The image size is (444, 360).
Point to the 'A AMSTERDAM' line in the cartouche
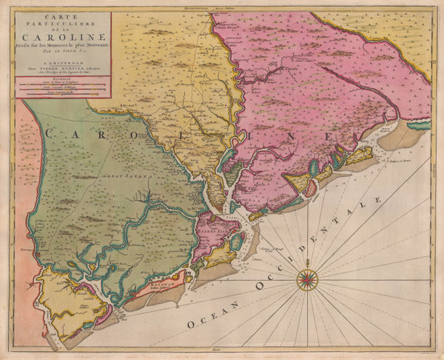(62, 64)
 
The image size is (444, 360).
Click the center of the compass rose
(308, 279)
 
